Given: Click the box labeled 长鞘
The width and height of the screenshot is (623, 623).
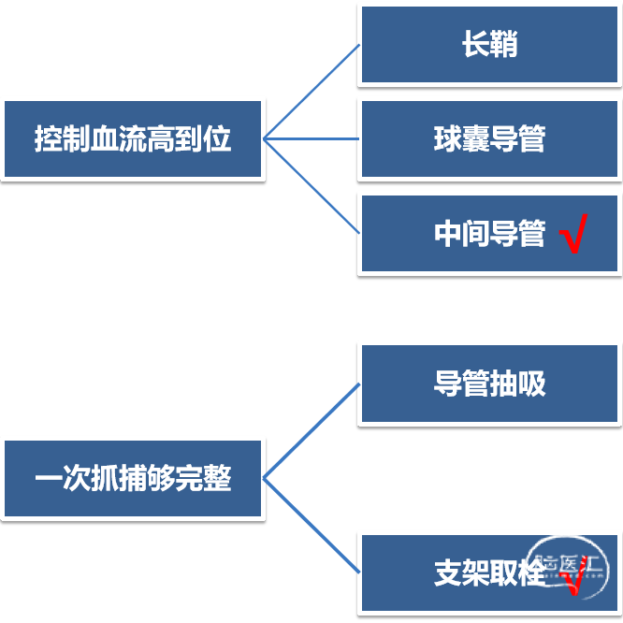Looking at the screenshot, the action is pos(489,45).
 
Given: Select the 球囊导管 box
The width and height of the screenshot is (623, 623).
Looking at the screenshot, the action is pos(489,138).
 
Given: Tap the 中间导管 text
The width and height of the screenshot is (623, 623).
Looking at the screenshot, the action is pos(489,234).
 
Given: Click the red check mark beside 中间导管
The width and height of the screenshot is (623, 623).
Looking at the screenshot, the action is pos(573,234).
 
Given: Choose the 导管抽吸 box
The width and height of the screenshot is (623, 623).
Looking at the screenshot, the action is pos(489,384).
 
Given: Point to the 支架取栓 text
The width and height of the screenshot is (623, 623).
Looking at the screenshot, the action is pos(489,572).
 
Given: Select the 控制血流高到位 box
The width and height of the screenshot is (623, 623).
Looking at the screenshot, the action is pos(133,138).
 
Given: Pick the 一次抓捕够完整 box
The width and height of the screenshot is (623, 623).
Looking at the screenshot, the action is pos(133,478).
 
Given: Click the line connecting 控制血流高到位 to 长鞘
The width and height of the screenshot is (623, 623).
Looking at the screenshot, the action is pos(311,92).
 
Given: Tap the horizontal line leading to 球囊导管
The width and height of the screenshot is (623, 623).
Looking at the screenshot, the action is pos(311,138).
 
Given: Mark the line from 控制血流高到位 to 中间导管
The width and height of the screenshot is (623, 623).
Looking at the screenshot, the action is pos(311,186).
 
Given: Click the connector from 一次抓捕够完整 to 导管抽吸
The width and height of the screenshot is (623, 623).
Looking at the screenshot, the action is pos(311,431).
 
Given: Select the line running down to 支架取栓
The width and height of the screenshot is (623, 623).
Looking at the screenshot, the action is pos(311,526).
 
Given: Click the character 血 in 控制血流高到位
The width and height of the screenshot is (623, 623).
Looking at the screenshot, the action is pos(105,138).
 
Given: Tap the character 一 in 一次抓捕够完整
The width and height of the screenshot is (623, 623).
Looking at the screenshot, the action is pos(49,478).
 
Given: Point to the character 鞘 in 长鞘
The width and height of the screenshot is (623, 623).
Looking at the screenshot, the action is pos(504,45).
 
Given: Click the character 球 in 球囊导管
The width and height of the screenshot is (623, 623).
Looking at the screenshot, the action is pos(448,138).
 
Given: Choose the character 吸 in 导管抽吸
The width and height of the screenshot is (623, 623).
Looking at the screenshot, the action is pos(531,384).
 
